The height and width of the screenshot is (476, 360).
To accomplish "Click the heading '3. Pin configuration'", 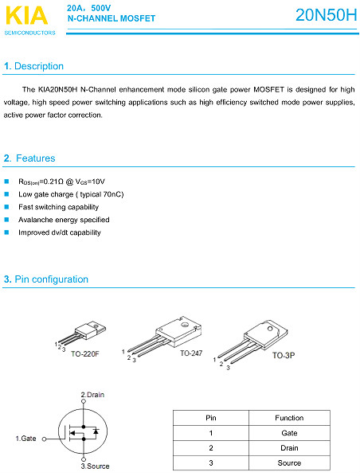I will [x=46, y=279].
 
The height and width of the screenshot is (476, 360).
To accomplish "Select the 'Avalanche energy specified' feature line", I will [x=64, y=220].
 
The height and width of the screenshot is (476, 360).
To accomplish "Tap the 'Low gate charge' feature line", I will [x=71, y=194].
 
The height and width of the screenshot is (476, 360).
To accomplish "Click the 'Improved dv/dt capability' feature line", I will [x=60, y=232].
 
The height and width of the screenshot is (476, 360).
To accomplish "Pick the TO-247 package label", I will [x=192, y=353].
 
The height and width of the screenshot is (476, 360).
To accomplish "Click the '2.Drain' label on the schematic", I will [x=92, y=395].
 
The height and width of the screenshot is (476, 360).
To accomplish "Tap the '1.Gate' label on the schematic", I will [x=26, y=439].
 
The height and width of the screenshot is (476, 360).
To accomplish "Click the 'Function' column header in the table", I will [x=289, y=418].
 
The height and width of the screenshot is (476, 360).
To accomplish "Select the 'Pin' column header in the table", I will [x=211, y=418].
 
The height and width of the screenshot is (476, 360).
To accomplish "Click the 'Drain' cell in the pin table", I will [x=289, y=447].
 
